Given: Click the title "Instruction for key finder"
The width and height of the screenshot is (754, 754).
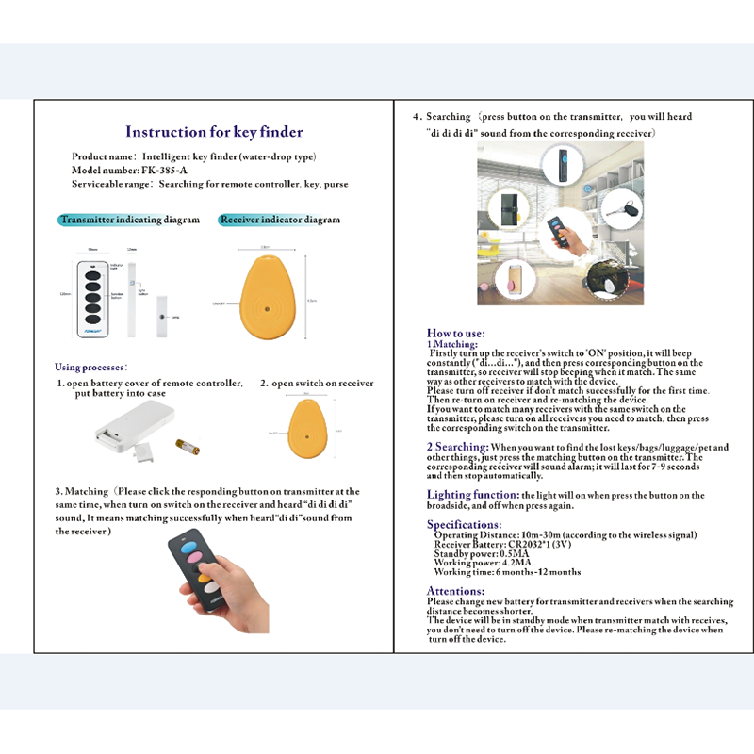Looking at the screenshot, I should coord(214,132).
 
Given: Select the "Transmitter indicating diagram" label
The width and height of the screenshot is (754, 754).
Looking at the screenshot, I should coord(129,220).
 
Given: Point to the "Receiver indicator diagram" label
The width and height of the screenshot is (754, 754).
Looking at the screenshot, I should coord(279,220).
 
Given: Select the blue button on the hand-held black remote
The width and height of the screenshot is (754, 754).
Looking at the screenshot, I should coord(187,543).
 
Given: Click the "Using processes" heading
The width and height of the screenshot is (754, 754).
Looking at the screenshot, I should coord(90,367).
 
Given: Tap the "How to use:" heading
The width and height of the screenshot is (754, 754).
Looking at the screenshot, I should coord(456,334).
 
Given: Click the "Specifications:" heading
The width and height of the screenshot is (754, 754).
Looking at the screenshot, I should coord(464,524).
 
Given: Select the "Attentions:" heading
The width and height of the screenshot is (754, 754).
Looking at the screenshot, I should coord(456,591).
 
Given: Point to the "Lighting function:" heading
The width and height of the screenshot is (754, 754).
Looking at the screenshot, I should coord(472,495).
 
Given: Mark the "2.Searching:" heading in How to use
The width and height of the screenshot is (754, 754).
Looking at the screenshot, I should coord(457,446).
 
